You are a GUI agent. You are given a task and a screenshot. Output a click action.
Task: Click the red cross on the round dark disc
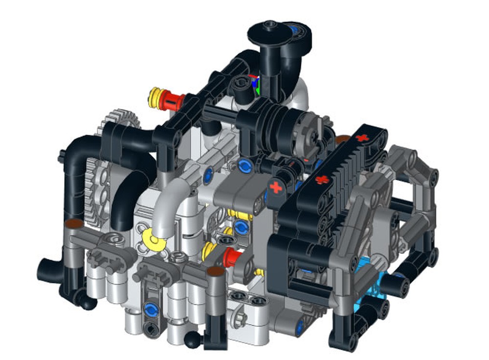pos(276,187)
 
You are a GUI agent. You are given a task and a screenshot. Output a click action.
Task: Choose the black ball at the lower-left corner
pos(87,303)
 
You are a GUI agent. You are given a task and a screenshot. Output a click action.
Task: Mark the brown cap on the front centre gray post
pos(214,270)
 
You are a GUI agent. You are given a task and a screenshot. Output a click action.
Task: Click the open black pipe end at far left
pos(45,269)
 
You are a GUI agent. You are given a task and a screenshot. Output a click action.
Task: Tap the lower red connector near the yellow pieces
pos(231,258)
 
